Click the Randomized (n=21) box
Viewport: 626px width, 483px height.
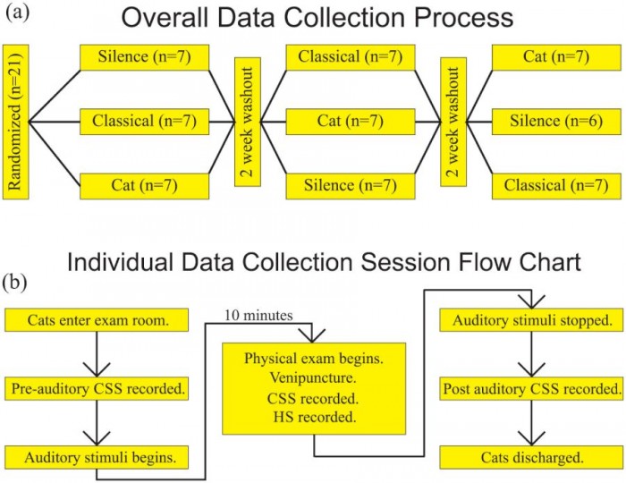pos(17,119)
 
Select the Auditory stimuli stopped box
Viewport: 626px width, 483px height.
pos(531,319)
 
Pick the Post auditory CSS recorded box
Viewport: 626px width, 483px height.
pos(532,389)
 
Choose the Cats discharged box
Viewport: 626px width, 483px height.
pos(532,457)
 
